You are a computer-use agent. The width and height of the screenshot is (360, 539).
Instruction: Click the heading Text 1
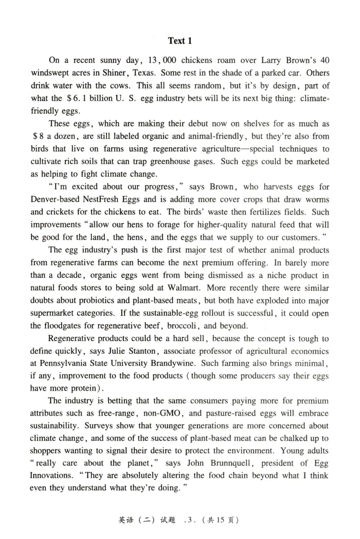(x=180, y=41)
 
